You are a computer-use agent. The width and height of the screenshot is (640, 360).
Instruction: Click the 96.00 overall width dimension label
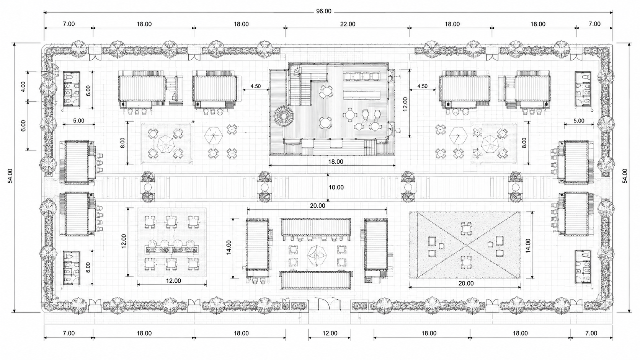(324, 11)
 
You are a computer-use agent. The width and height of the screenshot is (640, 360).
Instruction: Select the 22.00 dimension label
(348, 24)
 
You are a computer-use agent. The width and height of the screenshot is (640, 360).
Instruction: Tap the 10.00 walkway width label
(336, 187)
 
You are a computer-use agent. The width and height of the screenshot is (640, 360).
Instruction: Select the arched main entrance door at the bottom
(325, 304)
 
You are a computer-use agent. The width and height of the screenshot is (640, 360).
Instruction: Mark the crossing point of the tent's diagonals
(467, 245)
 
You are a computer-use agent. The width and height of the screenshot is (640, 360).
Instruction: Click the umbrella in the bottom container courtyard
(317, 256)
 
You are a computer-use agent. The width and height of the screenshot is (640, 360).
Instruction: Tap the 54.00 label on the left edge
(10, 176)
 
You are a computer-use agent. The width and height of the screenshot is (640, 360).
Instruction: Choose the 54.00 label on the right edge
(625, 176)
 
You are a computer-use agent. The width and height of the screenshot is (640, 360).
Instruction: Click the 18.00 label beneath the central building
(335, 161)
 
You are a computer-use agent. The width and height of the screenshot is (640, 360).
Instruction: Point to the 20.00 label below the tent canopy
(466, 283)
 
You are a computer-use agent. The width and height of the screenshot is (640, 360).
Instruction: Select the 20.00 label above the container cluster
(317, 205)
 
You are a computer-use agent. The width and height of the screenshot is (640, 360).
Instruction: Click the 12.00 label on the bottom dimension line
(330, 333)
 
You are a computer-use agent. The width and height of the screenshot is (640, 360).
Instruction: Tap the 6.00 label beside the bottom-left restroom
(88, 267)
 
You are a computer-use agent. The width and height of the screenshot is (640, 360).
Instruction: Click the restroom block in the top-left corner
(72, 89)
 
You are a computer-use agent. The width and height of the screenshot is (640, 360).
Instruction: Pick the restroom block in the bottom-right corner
(583, 267)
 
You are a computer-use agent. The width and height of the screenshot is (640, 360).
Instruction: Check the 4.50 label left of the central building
(255, 86)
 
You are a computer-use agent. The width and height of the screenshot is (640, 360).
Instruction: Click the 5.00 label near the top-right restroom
(579, 121)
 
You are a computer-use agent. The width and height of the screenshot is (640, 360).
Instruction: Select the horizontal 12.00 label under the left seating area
(173, 281)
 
